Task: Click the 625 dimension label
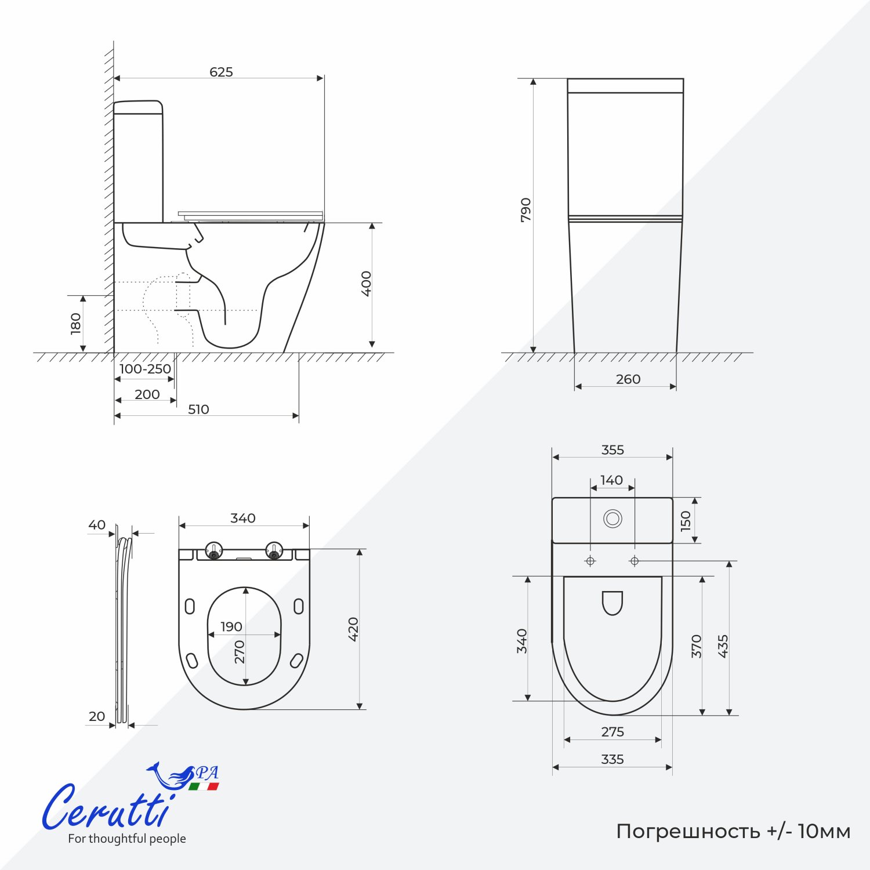point(221,72)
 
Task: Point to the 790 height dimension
point(525,210)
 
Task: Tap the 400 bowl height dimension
point(366,284)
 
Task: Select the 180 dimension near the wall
point(75,324)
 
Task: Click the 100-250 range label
point(145,369)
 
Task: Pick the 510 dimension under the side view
point(198,409)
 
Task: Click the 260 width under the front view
point(628,379)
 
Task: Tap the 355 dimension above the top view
point(612,450)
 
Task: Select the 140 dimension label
point(611,480)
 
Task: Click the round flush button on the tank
point(612,518)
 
